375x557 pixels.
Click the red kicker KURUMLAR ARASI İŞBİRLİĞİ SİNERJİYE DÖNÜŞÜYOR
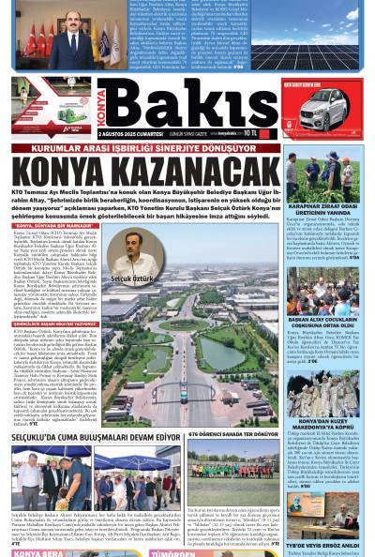[155, 147]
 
